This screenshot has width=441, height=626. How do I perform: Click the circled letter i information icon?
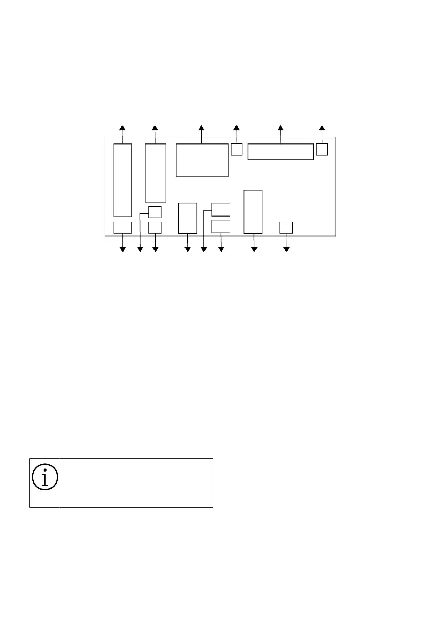coord(45,477)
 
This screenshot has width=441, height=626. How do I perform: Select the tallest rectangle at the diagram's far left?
coord(122,180)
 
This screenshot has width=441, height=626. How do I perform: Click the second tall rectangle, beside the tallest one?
coord(155,172)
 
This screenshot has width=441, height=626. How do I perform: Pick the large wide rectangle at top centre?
coord(202,160)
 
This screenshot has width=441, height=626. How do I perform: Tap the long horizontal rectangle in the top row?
coord(280,151)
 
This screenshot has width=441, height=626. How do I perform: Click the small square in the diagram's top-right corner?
coord(322,149)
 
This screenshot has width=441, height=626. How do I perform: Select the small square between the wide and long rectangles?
coord(237,149)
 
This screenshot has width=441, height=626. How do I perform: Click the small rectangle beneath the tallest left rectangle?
coord(122,228)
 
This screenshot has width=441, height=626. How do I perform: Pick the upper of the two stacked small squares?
coord(155,212)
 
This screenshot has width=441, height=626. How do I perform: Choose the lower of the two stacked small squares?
coord(155,228)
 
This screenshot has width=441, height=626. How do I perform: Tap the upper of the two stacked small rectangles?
coord(221,209)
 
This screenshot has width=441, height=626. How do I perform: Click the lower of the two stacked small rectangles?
coord(221,227)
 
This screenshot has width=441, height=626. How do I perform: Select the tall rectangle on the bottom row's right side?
coord(253,211)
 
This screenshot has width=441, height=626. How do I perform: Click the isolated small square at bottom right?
coord(286,228)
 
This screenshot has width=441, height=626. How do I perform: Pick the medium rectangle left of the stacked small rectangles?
coord(188,218)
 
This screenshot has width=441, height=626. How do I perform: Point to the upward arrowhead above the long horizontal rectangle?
coord(280,128)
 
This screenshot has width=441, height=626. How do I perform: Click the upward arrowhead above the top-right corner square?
coord(322,128)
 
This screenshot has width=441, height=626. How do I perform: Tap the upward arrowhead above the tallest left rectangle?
coord(122,128)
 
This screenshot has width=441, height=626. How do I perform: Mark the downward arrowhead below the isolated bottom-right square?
coord(286,249)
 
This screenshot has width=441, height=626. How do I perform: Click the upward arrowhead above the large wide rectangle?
coord(201,128)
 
